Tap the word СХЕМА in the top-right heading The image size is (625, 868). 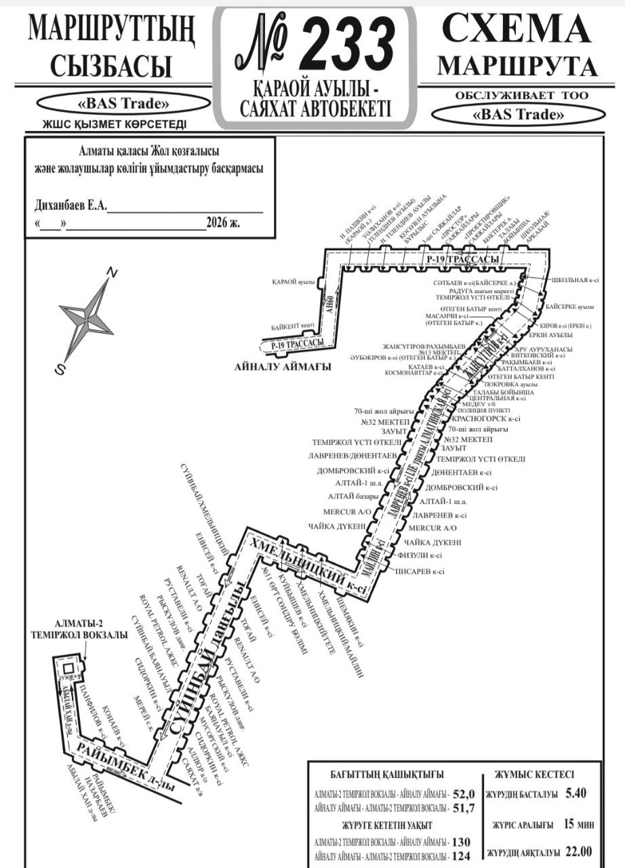515,28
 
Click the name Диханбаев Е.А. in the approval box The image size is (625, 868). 70,205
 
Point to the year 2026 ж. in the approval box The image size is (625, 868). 224,222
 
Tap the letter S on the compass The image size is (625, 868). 60,370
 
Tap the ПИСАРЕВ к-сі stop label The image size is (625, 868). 419,572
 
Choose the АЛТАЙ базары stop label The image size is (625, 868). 354,496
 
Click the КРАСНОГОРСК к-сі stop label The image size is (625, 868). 485,419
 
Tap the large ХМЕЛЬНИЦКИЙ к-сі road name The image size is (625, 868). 308,567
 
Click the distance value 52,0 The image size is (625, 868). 465,793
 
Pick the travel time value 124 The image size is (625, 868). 461,856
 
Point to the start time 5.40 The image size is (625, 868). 575,793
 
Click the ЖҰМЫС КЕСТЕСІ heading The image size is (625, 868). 534,774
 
